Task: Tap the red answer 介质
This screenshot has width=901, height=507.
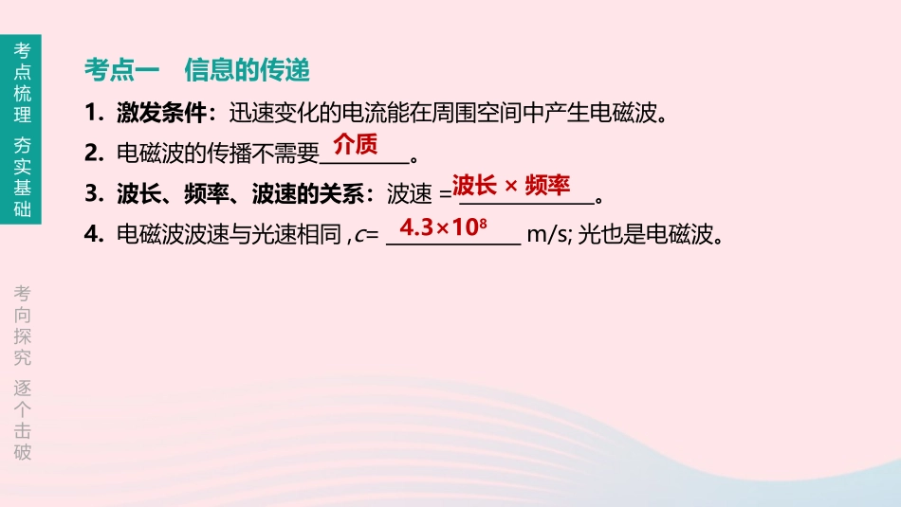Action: point(356,145)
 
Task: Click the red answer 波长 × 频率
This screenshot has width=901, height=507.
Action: point(511,185)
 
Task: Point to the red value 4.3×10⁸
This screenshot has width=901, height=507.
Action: point(443,227)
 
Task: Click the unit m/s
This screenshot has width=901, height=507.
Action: point(547,234)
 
